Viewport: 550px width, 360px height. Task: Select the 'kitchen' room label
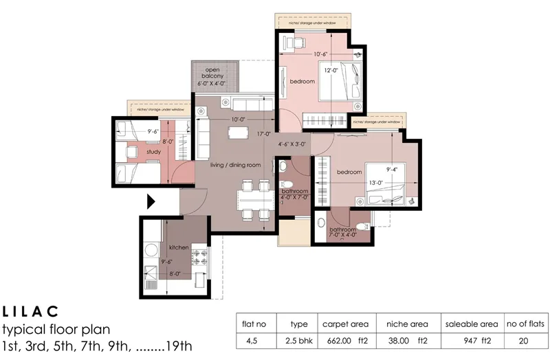point(179,247)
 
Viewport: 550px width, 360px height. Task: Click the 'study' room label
point(153,151)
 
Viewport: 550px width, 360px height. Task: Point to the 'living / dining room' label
point(236,165)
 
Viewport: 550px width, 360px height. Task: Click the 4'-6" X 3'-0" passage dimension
point(294,145)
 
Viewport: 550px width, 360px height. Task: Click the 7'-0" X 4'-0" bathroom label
point(342,233)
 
